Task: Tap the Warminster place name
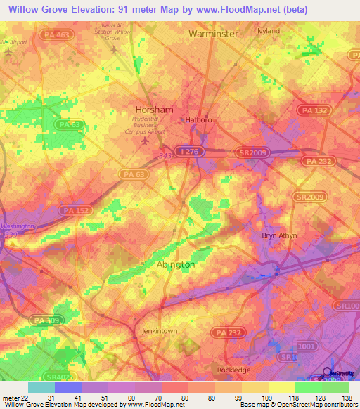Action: coord(214,33)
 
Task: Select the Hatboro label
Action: coord(198,120)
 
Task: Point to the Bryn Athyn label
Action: coord(279,235)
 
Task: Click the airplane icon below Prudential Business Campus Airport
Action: coord(146,141)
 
